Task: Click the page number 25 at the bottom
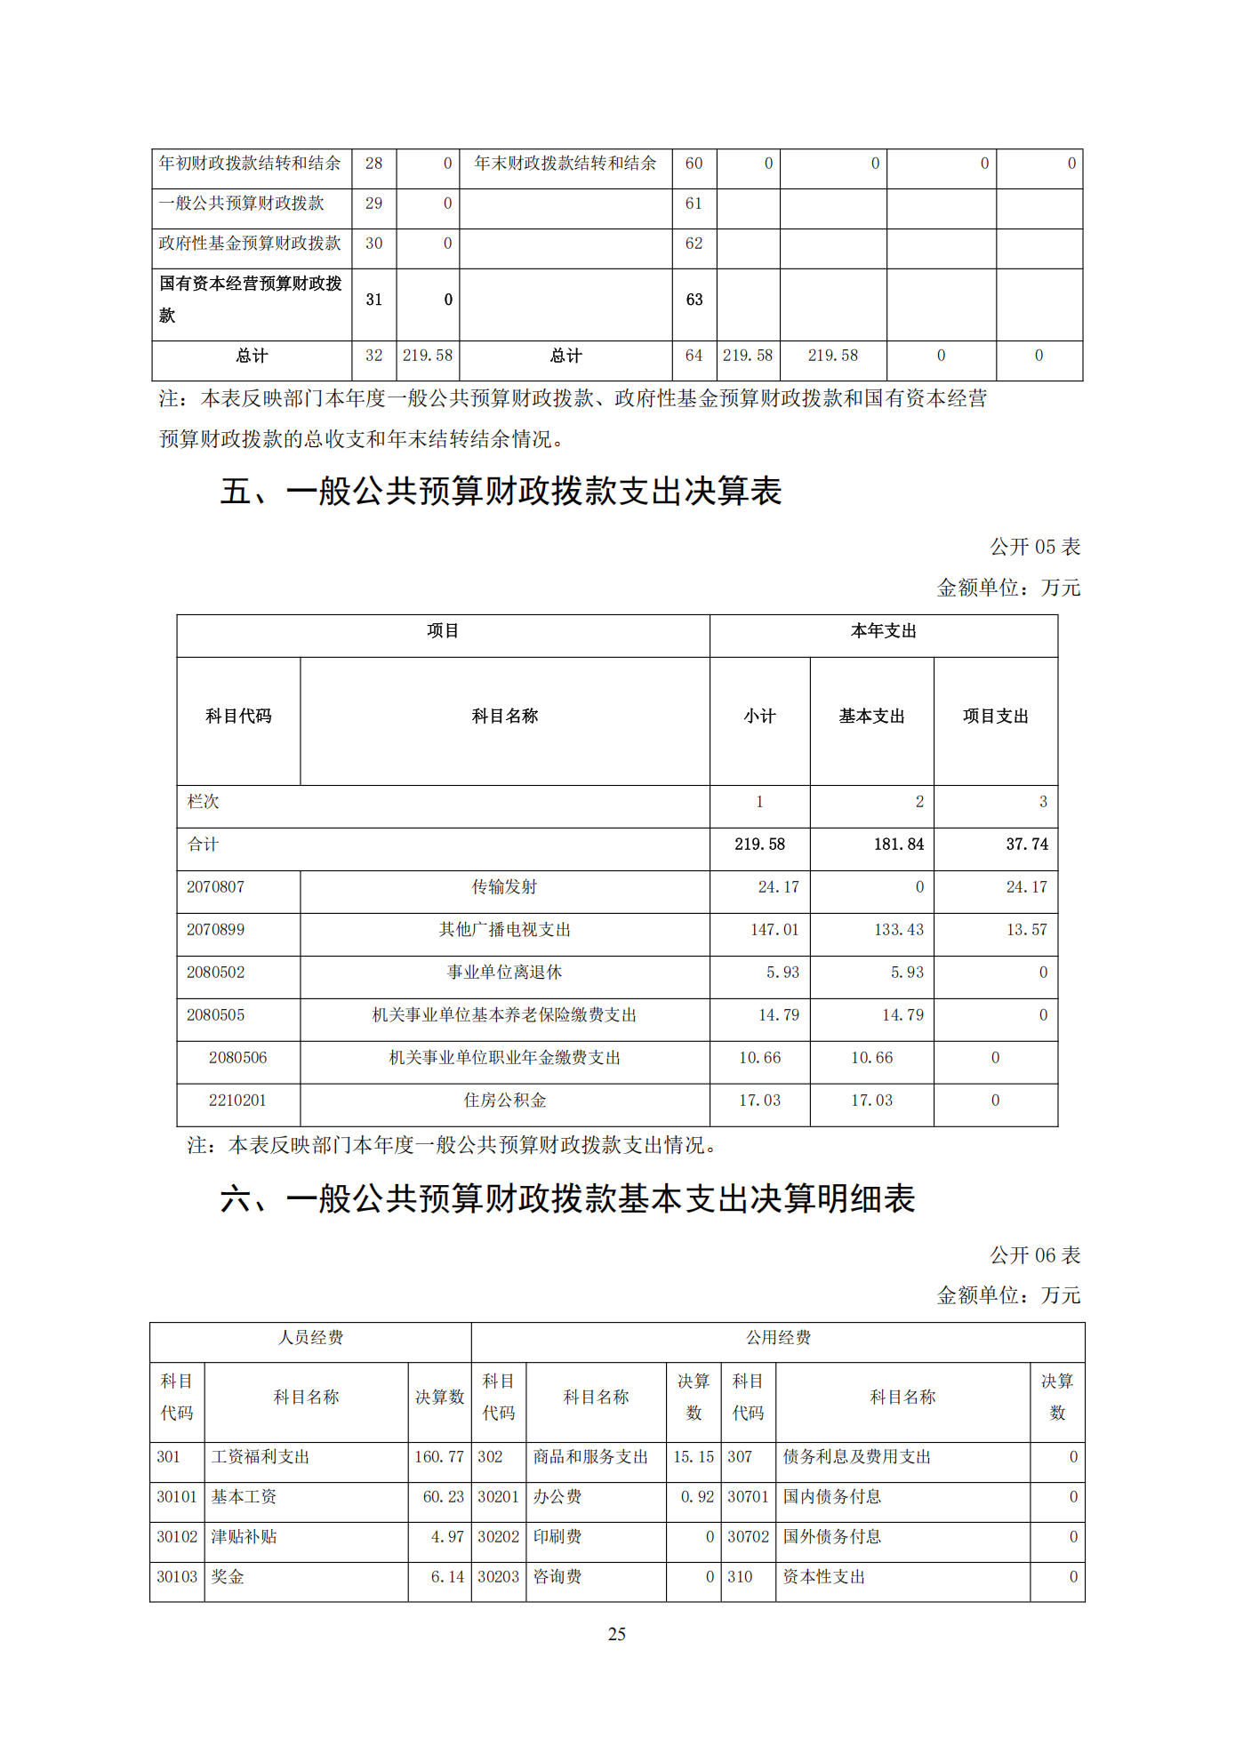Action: click(616, 1633)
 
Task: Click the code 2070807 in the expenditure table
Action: click(215, 886)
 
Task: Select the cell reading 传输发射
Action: click(504, 886)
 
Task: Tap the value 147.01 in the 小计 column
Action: click(774, 929)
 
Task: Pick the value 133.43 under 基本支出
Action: click(898, 929)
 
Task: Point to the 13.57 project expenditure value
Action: click(1026, 929)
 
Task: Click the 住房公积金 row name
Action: click(504, 1100)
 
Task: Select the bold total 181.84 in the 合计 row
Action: click(898, 844)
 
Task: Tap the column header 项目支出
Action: click(995, 716)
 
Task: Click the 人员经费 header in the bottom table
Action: click(310, 1337)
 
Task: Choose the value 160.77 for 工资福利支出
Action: click(439, 1456)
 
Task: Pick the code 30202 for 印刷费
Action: click(498, 1536)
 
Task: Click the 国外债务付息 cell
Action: click(831, 1536)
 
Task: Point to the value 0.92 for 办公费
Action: click(697, 1496)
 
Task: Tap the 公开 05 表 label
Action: click(1035, 547)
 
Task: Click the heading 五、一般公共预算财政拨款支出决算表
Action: click(501, 491)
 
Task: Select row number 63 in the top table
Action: click(694, 300)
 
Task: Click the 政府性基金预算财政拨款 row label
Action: click(250, 243)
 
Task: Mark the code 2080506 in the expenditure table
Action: click(237, 1057)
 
